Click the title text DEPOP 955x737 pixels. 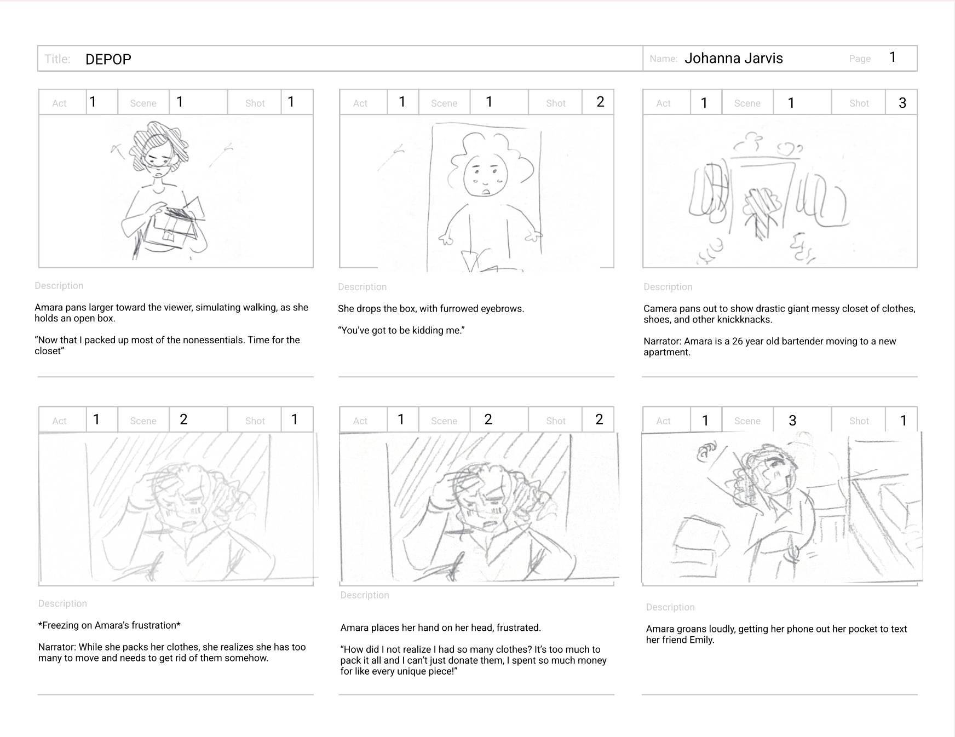tap(108, 59)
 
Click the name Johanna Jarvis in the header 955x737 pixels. tap(734, 59)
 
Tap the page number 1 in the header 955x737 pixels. tap(893, 57)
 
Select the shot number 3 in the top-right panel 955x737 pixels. tap(902, 103)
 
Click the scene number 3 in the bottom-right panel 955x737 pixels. tap(792, 421)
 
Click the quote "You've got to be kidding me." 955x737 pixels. tap(401, 330)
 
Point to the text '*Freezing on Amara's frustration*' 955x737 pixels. tap(110, 625)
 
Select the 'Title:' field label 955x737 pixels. tap(57, 59)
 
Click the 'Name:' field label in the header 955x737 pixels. tap(664, 59)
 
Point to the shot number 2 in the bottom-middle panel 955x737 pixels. tap(599, 420)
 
